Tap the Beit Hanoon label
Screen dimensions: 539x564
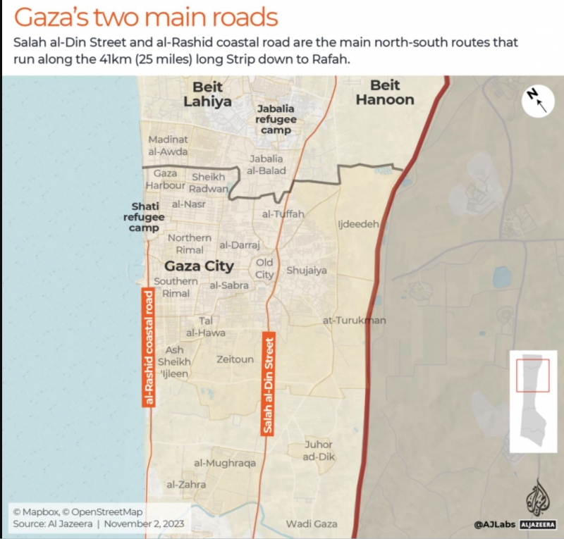384,92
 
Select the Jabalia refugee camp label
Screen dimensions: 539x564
276,119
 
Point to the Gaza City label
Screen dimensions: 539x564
199,266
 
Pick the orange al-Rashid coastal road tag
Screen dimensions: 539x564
149,347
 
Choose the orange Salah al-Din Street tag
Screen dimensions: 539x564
268,383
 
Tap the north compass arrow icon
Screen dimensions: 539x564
538,101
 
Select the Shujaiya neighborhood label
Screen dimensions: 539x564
307,271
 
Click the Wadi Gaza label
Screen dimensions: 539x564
312,523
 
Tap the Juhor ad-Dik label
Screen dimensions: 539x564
319,451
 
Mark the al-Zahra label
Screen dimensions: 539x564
186,485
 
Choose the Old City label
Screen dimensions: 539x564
264,268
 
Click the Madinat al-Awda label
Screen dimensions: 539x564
168,145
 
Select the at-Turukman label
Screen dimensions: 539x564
354,321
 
